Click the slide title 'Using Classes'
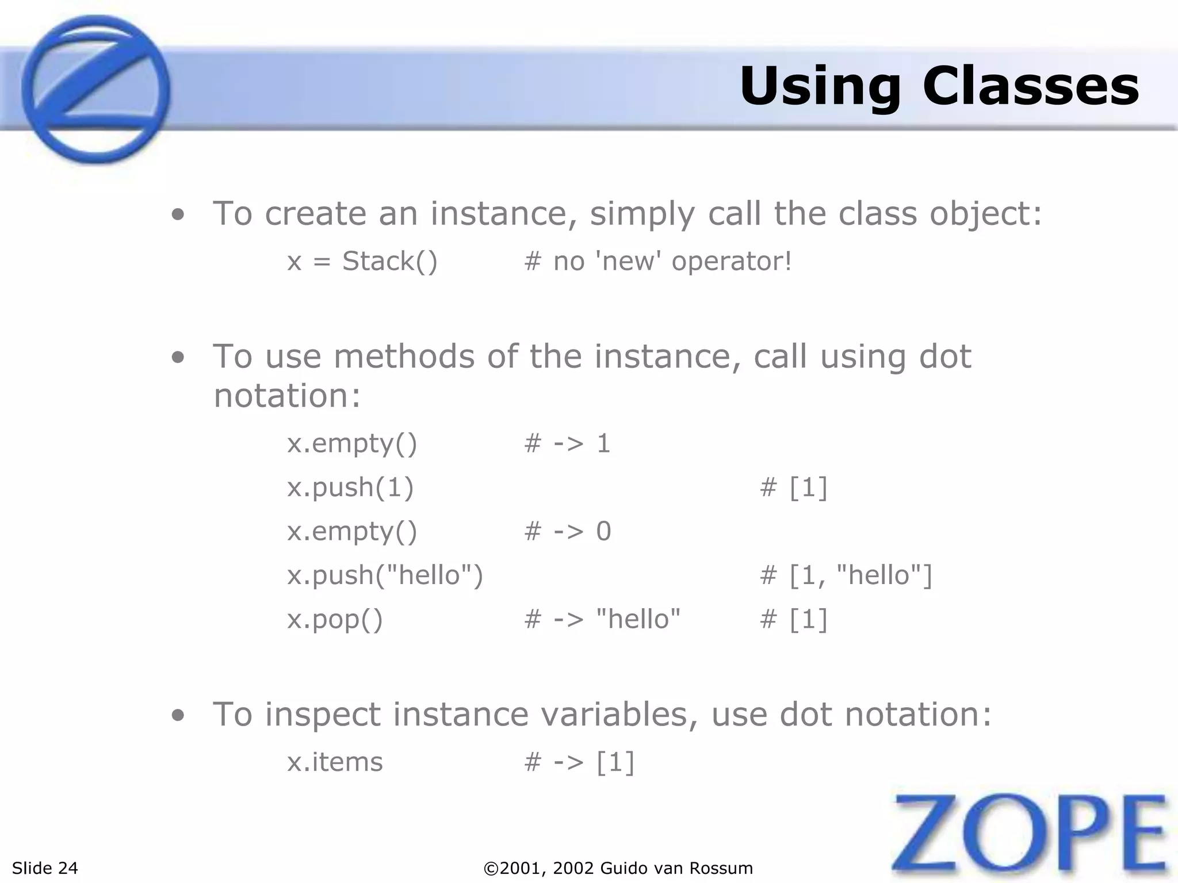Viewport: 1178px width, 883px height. tap(939, 86)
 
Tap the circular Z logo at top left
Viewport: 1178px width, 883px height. tap(95, 89)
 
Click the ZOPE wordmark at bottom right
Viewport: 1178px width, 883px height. tap(1030, 834)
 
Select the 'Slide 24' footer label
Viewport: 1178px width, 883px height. tap(45, 868)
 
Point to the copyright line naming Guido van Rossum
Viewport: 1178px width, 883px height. tap(618, 868)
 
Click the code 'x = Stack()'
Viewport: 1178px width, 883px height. tap(362, 262)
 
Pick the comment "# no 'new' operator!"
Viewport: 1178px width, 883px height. tap(658, 262)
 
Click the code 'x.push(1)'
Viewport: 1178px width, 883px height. tap(350, 487)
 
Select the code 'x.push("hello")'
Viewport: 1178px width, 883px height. tap(385, 575)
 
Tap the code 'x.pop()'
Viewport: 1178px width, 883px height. tap(335, 619)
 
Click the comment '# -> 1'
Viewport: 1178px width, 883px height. tap(567, 443)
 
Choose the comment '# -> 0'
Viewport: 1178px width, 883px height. tap(567, 531)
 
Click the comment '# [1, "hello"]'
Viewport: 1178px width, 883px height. tap(846, 575)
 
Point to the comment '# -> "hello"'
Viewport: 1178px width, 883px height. tap(602, 619)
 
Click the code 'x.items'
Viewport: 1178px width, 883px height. tap(335, 762)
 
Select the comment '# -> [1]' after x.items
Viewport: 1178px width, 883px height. tap(579, 762)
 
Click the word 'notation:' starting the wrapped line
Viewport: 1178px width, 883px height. tap(287, 396)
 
